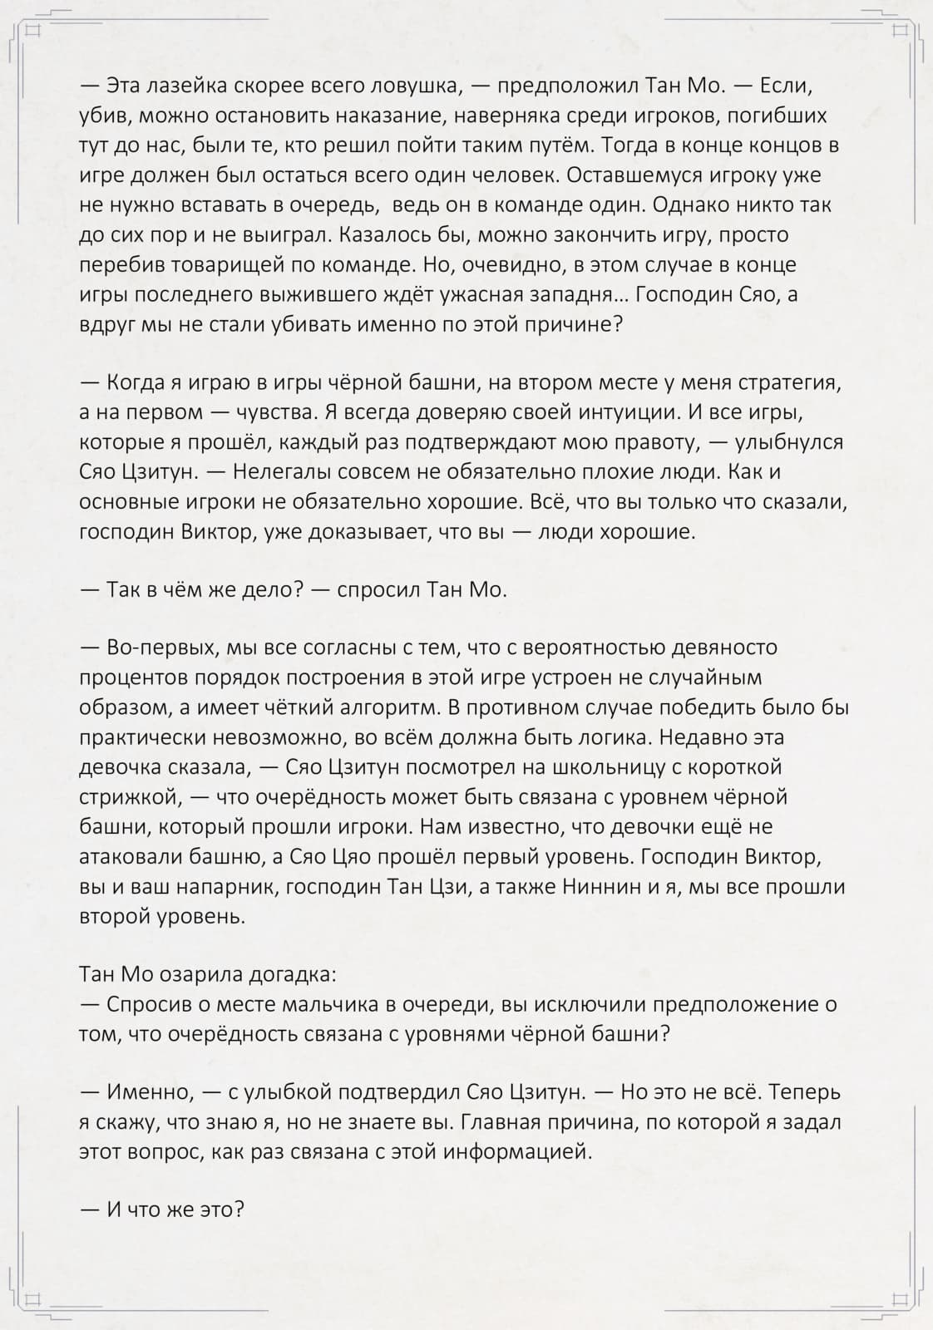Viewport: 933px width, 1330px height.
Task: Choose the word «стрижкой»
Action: coord(129,796)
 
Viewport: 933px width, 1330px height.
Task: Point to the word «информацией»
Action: coord(516,1152)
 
